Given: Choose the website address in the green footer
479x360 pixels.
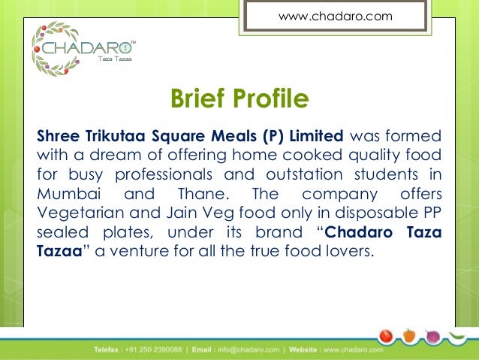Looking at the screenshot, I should tap(352, 349).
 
